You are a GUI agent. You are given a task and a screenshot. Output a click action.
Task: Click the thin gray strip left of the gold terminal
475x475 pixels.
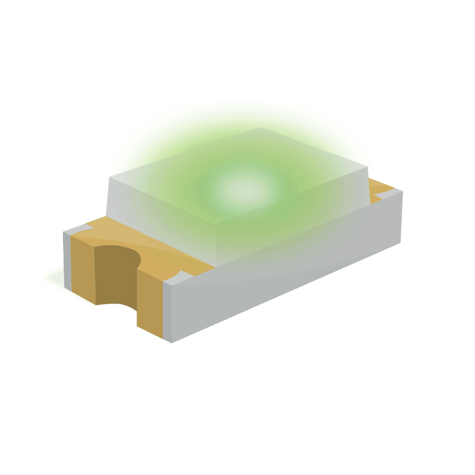coord(67,261)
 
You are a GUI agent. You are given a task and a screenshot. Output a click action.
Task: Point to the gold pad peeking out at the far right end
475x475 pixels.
coord(380,190)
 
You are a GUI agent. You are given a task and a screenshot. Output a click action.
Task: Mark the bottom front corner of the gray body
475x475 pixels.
coord(172,342)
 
